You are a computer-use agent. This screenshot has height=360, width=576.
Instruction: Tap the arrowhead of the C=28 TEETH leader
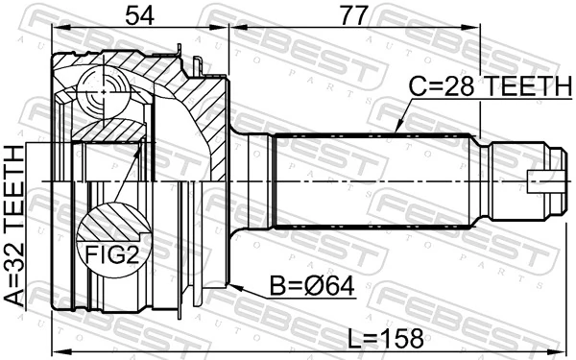pyautogui.click(x=397, y=130)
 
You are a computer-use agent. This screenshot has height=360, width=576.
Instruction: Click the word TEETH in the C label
pyautogui.click(x=527, y=85)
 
